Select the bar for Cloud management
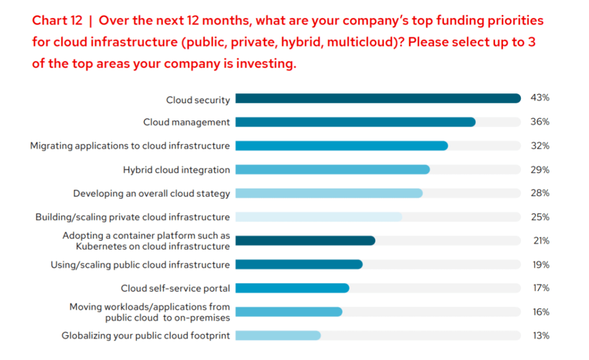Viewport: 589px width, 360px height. point(355,122)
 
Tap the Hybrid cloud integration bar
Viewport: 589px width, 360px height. point(332,170)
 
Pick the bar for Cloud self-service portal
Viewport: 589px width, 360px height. point(292,288)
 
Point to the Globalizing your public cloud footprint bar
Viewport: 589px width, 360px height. point(278,335)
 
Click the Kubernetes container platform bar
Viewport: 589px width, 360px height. point(305,241)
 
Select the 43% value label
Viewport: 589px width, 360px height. point(539,98)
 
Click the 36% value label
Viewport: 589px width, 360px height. point(539,122)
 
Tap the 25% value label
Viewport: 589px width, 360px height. point(539,217)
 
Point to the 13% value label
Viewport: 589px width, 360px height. point(540,335)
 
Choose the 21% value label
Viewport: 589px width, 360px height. point(540,241)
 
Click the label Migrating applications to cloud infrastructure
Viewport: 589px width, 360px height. point(130,146)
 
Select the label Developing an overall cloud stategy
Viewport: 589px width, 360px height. point(152,194)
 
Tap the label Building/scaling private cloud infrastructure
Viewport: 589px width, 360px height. point(133,217)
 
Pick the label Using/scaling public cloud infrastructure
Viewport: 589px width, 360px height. point(140,265)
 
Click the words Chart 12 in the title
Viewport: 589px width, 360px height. point(57,21)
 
